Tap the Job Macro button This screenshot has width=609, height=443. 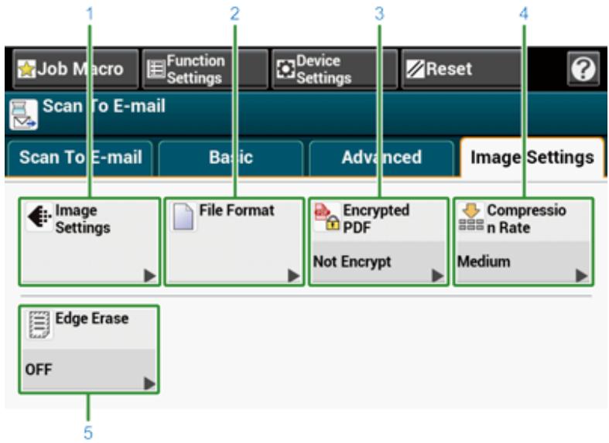click(75, 69)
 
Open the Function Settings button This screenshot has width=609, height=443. click(205, 69)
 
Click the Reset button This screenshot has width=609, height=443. click(460, 69)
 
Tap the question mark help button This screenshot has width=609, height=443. click(583, 69)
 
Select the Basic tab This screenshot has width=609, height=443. click(231, 158)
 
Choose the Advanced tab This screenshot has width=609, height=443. click(381, 158)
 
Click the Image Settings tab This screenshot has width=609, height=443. click(532, 158)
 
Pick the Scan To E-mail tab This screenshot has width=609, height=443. click(80, 158)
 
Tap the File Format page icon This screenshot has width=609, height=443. click(183, 216)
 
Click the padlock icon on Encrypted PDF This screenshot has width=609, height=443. click(333, 223)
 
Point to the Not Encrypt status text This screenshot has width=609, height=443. click(352, 262)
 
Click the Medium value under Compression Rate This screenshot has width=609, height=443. click(484, 262)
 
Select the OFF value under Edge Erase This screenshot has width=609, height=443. click(39, 370)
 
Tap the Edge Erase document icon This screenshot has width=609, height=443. click(39, 324)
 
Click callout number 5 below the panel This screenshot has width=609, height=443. click(88, 433)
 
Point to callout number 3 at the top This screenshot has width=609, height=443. click(379, 14)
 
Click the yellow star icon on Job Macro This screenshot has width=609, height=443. click(27, 69)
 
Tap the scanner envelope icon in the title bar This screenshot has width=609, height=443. click(23, 114)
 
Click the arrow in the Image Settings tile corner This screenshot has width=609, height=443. click(150, 276)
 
